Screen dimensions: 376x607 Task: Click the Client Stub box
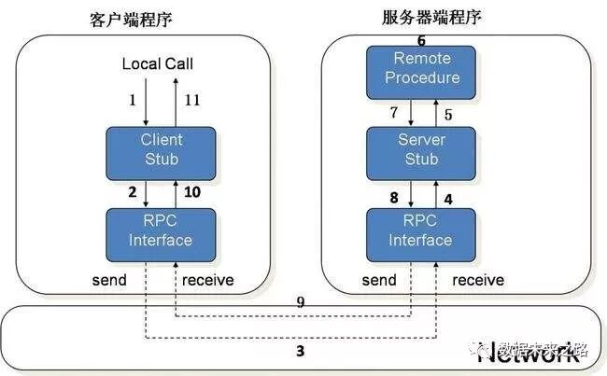click(162, 148)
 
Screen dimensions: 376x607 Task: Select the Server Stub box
click(422, 148)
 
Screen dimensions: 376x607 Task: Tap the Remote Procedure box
click(422, 69)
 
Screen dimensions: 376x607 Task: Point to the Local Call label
click(158, 63)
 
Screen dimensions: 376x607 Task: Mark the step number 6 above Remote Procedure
click(421, 40)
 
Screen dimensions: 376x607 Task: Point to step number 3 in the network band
click(300, 352)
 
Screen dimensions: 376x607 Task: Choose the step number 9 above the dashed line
click(300, 302)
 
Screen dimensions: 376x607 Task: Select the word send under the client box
click(109, 280)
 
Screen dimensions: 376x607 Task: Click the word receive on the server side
click(478, 280)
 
